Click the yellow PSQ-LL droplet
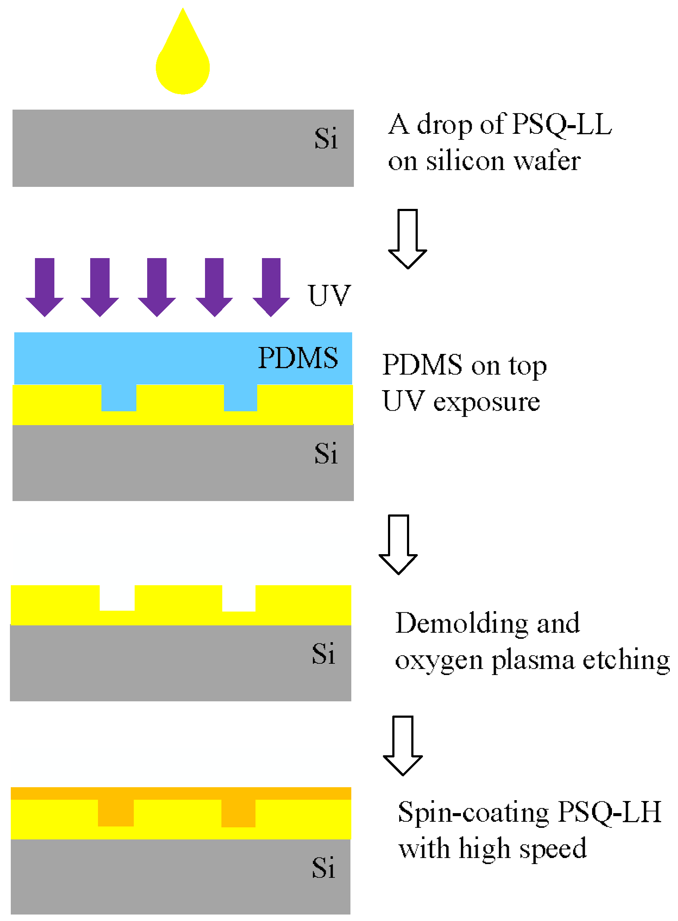coord(183,65)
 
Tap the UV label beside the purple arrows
coord(329,296)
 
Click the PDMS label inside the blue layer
coord(298,358)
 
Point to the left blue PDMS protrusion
coord(119,397)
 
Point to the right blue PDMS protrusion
coord(240,397)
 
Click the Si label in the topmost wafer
coord(326,139)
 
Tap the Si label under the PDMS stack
coord(326,454)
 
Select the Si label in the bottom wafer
coord(323,868)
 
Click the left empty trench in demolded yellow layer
coord(117,598)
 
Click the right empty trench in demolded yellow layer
coord(239,598)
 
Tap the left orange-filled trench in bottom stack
coord(116,813)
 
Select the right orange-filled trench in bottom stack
coord(238,813)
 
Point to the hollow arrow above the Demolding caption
coord(398,544)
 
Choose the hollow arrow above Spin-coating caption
coord(403,745)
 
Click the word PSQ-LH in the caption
coord(609,812)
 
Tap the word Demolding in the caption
coord(462,623)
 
